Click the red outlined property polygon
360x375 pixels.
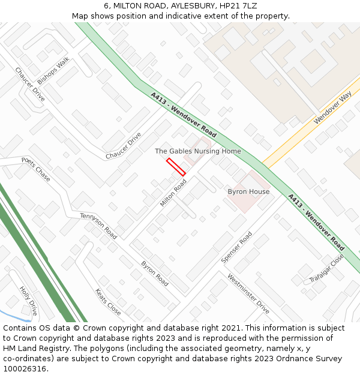point(176,167)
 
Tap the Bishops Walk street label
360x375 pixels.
point(53,70)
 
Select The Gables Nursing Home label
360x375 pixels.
point(198,151)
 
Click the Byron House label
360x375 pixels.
point(248,191)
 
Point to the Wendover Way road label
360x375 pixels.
point(332,109)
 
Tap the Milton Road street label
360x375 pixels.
point(173,193)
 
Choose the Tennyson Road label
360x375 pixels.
point(98,226)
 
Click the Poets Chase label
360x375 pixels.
point(36,169)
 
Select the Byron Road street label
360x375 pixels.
point(154,273)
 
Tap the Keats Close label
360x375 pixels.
point(108,302)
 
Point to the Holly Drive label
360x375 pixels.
point(28,301)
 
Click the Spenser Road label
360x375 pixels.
point(236,247)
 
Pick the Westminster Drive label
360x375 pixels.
point(248,293)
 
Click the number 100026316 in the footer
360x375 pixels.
point(25,369)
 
